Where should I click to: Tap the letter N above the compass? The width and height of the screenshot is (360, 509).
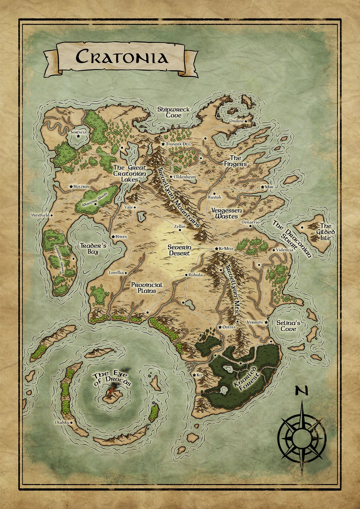pyautogui.click(x=301, y=391)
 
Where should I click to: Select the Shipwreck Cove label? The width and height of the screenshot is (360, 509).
pyautogui.click(x=173, y=112)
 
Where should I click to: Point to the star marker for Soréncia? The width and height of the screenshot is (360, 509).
pyautogui.click(x=78, y=137)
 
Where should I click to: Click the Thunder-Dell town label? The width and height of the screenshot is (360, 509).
pyautogui.click(x=178, y=144)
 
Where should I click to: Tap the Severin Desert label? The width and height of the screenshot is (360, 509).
pyautogui.click(x=179, y=250)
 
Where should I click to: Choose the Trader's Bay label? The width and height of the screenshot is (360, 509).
pyautogui.click(x=93, y=249)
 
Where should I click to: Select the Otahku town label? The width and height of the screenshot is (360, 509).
pyautogui.click(x=62, y=422)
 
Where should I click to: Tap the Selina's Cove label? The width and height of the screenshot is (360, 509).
pyautogui.click(x=288, y=326)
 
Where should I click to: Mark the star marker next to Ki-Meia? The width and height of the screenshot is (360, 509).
pyautogui.click(x=216, y=249)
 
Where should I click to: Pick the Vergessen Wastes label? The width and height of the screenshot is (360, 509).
pyautogui.click(x=227, y=213)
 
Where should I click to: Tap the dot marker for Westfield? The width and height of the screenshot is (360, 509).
pyautogui.click(x=52, y=216)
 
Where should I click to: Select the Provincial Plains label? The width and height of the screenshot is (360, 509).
pyautogui.click(x=147, y=288)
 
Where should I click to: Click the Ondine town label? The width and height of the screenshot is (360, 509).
pyautogui.click(x=236, y=121)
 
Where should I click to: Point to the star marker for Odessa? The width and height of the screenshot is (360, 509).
pyautogui.click(x=220, y=327)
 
